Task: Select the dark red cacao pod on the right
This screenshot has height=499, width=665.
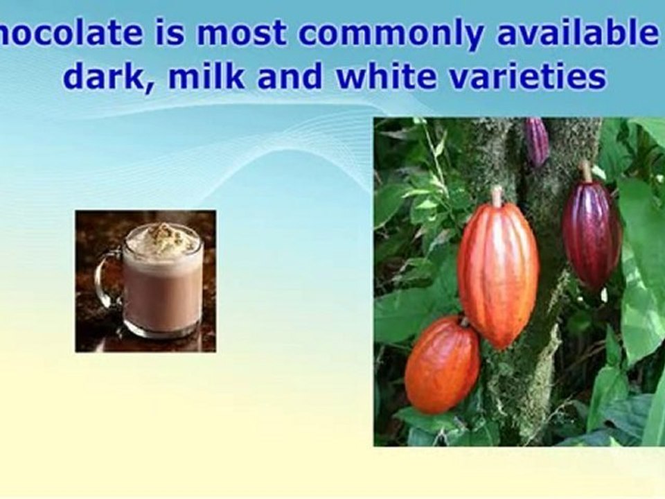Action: click(590, 232)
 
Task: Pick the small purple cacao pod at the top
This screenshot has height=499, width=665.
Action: click(537, 141)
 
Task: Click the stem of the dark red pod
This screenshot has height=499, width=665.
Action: click(587, 171)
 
